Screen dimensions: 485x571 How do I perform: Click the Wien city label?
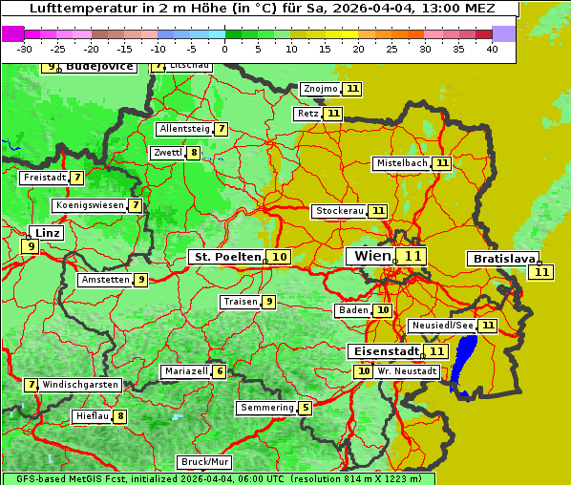371,256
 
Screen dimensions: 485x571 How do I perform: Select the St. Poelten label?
227,257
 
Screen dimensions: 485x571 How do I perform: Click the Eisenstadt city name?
384,351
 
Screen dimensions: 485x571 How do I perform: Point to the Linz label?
47,233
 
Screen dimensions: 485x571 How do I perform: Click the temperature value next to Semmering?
305,408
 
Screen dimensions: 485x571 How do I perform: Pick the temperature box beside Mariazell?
220,371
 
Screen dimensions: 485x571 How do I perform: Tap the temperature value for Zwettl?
194,153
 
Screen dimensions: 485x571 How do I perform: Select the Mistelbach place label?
401,163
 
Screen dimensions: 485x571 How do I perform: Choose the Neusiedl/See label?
441,326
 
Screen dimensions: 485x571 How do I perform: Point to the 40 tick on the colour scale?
492,49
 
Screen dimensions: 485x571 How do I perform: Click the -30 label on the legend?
25,49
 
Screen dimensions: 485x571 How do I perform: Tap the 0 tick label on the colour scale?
225,49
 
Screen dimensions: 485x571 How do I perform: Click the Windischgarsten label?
80,385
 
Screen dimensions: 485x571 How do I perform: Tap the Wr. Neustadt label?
407,371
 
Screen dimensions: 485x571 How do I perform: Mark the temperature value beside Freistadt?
77,178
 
